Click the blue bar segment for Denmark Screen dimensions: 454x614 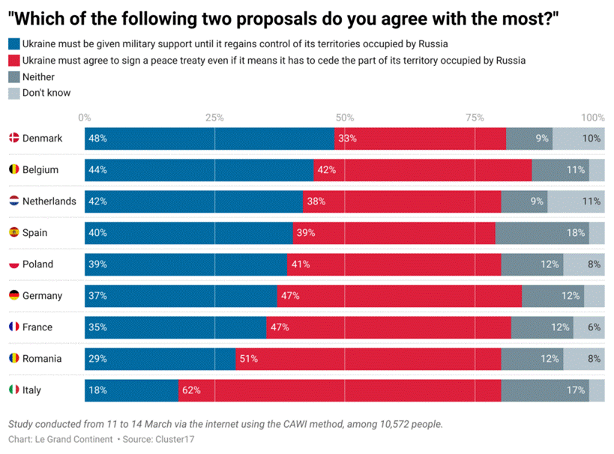[x=209, y=139]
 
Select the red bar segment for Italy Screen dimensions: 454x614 [x=340, y=390]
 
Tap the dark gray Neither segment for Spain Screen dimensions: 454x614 [x=542, y=233]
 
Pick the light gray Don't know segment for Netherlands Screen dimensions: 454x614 [x=576, y=202]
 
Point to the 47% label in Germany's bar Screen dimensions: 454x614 [x=289, y=296]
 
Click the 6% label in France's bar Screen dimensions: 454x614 [x=594, y=327]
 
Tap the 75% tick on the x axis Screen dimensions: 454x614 [x=474, y=118]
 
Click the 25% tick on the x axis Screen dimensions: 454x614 [x=214, y=118]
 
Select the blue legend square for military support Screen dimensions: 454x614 [x=13, y=44]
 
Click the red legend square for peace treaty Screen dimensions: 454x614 [x=13, y=61]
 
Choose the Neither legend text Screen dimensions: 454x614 [x=38, y=77]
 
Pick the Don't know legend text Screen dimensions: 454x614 [x=46, y=94]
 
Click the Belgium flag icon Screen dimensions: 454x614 [x=13, y=170]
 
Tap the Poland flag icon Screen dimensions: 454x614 [x=13, y=264]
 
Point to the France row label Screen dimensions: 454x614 [x=37, y=327]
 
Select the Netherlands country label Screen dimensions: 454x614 [x=49, y=202]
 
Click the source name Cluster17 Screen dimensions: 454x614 [x=174, y=439]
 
